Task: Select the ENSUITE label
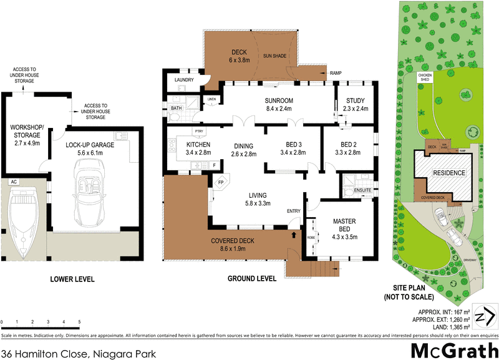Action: coord(362,190)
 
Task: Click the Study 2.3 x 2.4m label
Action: coord(354,104)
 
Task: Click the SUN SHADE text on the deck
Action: coord(274,56)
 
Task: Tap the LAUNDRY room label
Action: coord(183,80)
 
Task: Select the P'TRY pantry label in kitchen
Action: coord(200,131)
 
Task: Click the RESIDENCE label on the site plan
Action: coord(449,173)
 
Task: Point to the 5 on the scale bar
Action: coord(79,323)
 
